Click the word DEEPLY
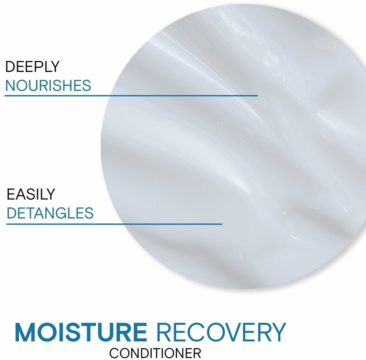32,67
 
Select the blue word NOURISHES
48,85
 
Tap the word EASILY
31,194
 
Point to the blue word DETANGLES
50,213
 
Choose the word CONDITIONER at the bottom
155,353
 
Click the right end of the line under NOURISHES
258,95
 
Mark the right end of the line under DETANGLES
222,224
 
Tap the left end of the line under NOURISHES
5,95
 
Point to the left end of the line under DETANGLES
7,224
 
